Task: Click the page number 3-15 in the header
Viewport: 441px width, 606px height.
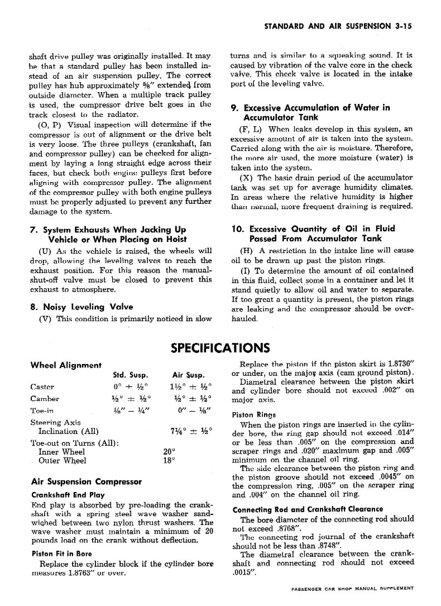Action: [400, 26]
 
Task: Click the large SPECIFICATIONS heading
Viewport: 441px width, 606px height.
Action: [220, 348]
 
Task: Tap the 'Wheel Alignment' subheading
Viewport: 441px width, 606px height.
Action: [65, 365]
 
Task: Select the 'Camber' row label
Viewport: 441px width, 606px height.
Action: [44, 399]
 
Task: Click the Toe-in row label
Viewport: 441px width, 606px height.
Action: [42, 411]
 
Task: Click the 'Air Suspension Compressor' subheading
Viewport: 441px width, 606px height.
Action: [86, 481]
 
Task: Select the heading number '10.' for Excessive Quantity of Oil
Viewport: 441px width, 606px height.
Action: [238, 228]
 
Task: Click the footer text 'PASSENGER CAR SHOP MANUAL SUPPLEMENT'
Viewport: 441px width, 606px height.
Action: [352, 588]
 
